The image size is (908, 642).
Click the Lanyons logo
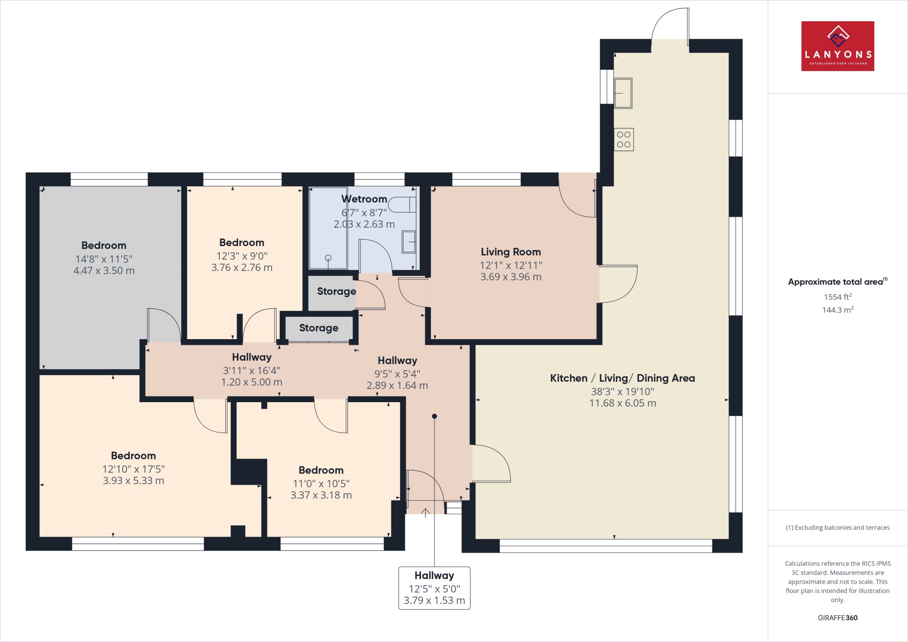(838, 46)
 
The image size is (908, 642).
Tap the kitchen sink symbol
(623, 93)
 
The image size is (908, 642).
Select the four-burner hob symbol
(624, 139)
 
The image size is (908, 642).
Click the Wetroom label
(364, 199)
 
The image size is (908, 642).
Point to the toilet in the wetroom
(403, 205)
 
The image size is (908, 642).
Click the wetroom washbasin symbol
(409, 242)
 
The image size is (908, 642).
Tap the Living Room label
(511, 252)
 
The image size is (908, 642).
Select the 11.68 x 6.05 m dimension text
(622, 403)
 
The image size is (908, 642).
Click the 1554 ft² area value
(838, 297)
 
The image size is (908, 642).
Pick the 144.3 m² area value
(838, 310)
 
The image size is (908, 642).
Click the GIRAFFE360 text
(838, 618)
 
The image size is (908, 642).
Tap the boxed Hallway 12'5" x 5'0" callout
(434, 588)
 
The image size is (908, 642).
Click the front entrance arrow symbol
(425, 513)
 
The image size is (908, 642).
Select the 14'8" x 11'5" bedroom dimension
(104, 259)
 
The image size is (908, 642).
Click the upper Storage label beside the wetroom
(337, 291)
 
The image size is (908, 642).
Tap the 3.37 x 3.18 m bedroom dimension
(321, 495)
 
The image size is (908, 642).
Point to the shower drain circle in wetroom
(328, 258)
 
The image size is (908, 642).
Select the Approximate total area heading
(837, 282)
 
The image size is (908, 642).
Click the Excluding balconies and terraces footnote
(838, 528)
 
